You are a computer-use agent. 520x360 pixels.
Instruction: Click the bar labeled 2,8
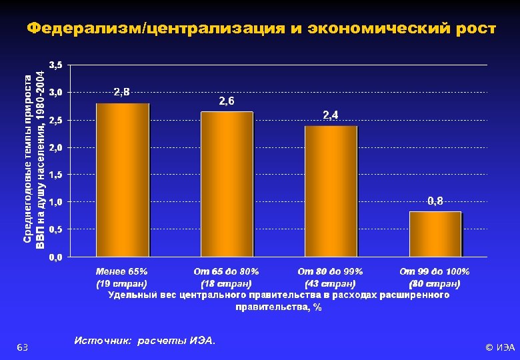coord(123,180)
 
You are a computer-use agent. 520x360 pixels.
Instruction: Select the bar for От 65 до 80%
coord(227,184)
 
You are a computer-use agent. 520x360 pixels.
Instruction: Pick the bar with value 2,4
coord(331,191)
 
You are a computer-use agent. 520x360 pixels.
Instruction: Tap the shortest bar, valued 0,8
coord(435,234)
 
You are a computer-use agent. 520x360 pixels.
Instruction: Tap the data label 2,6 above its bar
coord(227,101)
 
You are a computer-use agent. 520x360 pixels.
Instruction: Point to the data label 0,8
coord(435,201)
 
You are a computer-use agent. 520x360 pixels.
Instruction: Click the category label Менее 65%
coord(122,271)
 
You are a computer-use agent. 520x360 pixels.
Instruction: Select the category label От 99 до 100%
coord(435,271)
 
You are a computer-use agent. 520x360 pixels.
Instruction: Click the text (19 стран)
coord(122,283)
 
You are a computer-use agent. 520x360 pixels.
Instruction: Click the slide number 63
coord(21,347)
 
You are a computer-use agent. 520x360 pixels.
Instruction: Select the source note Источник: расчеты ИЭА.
coord(145,341)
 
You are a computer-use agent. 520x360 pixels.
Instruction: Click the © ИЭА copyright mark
coord(500,347)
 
